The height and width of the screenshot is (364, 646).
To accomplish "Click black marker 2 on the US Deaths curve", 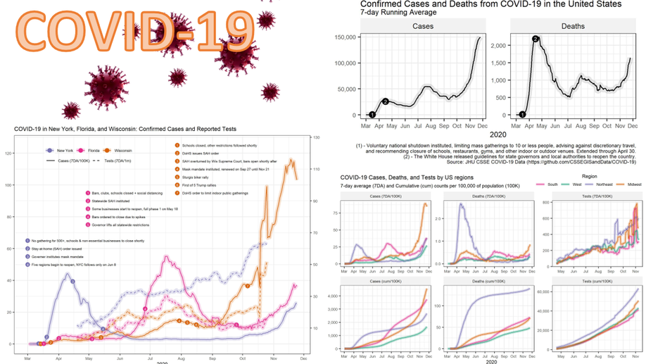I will point(536,39).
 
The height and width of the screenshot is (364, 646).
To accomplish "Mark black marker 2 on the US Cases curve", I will point(386,101).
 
